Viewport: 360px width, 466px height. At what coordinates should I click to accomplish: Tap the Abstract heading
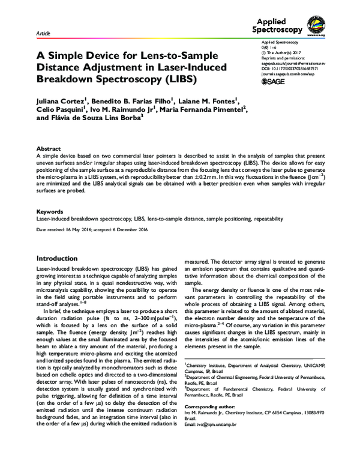click(x=49, y=148)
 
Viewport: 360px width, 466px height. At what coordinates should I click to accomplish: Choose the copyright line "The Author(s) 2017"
click(x=286, y=52)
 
